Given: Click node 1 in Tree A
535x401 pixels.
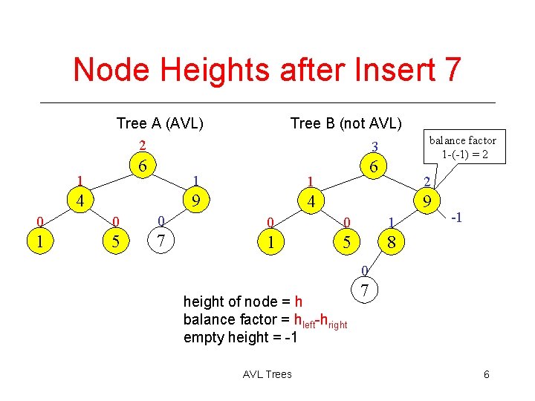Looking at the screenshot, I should [40, 241].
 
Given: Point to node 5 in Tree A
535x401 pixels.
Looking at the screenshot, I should [116, 241].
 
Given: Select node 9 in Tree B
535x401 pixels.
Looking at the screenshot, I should [428, 200].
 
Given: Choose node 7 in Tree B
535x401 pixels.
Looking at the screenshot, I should [363, 290].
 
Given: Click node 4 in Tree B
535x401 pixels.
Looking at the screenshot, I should [313, 200].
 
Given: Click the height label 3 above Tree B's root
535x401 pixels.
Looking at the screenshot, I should [375, 146].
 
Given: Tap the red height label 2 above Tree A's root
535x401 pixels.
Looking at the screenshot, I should [143, 144].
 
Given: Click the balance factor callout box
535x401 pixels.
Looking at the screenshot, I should [463, 146].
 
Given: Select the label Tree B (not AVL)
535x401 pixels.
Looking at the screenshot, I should [346, 123].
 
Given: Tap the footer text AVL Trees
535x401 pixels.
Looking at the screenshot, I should [267, 374].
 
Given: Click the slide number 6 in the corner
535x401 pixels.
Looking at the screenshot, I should [486, 374].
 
